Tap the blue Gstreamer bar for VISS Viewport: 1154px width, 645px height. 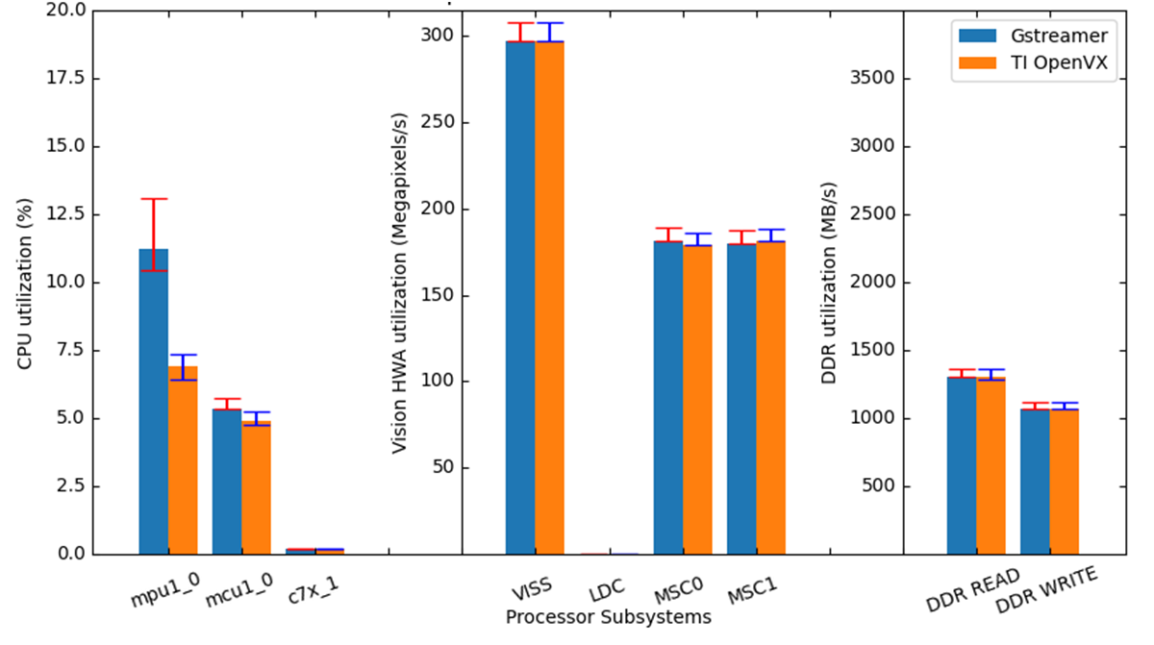[520, 298]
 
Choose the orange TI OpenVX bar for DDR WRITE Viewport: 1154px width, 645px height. [1065, 482]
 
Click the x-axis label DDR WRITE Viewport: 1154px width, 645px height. [1046, 591]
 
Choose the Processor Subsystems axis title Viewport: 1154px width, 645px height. [608, 616]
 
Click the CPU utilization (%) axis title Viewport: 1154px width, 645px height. [26, 284]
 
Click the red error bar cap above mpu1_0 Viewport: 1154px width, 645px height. [154, 199]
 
